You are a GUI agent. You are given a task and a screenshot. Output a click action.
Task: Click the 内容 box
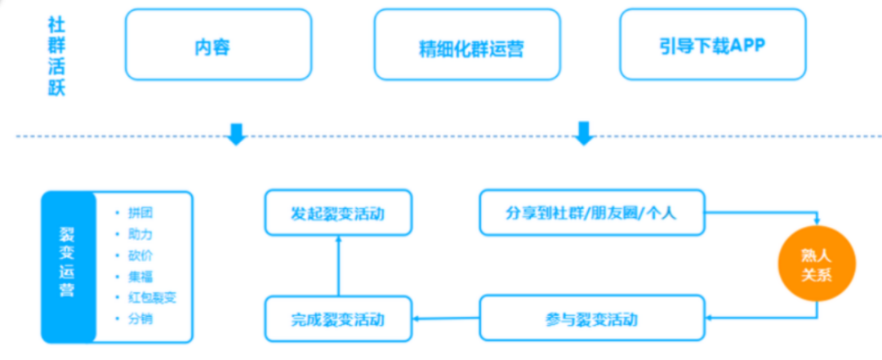click(218, 46)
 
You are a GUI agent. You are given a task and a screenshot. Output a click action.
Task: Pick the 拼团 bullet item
click(140, 213)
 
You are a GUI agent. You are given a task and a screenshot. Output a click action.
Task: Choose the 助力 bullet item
click(140, 234)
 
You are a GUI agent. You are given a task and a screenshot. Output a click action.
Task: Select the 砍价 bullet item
click(140, 256)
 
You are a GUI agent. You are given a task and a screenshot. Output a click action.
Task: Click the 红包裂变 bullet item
click(151, 297)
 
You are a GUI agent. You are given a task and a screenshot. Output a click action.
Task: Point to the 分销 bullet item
click(140, 318)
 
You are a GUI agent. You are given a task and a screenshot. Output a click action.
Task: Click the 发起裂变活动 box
click(337, 214)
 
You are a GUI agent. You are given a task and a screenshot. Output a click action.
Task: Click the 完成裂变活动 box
click(337, 318)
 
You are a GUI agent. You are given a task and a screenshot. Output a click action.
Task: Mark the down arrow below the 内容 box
click(237, 133)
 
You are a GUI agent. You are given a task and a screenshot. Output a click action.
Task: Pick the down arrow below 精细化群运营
click(583, 133)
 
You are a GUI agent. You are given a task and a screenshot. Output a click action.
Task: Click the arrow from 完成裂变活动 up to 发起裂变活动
click(338, 266)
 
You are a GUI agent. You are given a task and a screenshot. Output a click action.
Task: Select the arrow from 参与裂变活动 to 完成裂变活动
click(444, 318)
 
